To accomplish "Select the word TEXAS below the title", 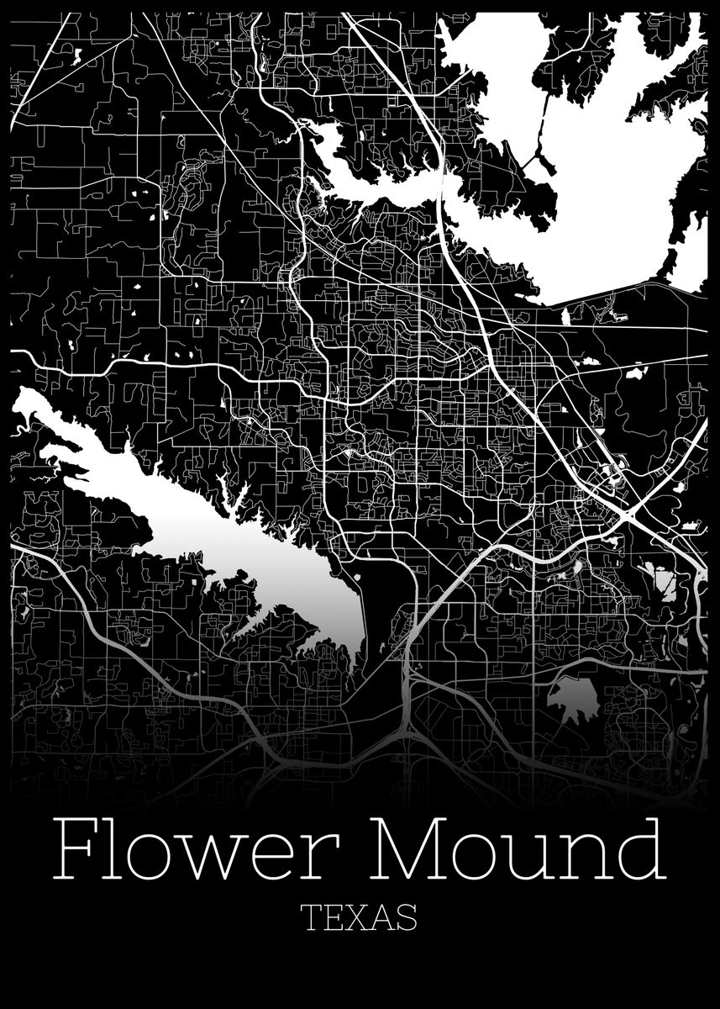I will pos(360,918).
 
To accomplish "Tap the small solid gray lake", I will pos(571,698).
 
